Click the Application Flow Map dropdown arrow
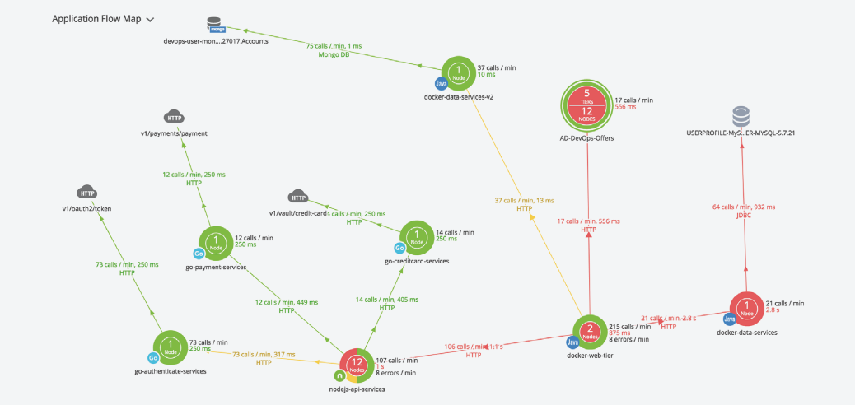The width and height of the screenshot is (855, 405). (151, 18)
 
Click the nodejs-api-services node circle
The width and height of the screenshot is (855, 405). (357, 365)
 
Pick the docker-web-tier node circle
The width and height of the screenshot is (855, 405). (590, 332)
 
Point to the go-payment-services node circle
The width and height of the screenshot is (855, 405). (216, 244)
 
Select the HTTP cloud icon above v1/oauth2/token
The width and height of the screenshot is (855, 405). (87, 193)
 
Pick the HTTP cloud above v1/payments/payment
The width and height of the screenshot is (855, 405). (173, 116)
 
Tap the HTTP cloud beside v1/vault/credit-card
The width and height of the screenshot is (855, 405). (298, 197)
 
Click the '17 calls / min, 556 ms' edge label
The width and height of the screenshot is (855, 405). (588, 221)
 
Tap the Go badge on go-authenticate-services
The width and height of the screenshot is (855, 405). (153, 358)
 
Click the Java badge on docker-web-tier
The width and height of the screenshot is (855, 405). (572, 342)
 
